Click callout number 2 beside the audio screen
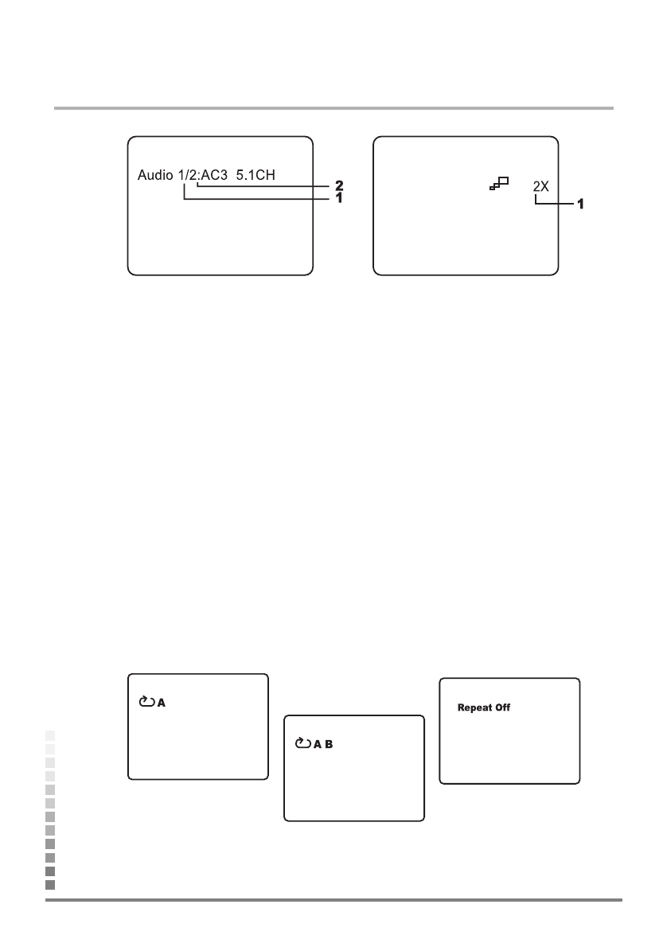338,186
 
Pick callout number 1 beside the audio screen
338,198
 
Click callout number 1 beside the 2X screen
580,204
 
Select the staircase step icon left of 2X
500,184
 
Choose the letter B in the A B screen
328,744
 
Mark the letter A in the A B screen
317,744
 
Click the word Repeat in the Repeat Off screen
473,707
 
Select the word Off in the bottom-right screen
501,707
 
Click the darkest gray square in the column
50,884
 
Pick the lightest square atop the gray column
50,735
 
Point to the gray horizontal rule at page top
333,107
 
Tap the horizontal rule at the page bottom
333,901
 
